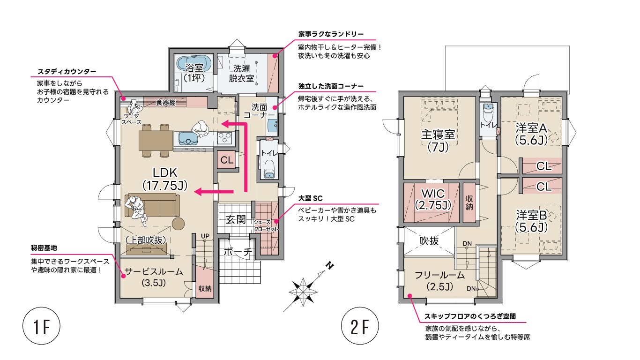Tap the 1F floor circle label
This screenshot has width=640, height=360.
coord(41,326)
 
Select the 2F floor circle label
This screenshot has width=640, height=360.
coord(360,326)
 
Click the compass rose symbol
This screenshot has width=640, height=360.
coord(303,292)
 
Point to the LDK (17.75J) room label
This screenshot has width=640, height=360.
coord(165,179)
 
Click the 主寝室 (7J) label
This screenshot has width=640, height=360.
coord(438,141)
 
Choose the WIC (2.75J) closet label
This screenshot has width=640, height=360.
coord(433,200)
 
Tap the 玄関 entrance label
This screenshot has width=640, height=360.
coord(236,219)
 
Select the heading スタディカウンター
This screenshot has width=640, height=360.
coord(67,72)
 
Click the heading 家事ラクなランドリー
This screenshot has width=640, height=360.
coord(331,34)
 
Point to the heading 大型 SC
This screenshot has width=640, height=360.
coord(310,198)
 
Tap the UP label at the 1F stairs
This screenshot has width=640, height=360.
coord(205,236)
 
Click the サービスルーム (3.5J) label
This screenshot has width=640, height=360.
coord(154,277)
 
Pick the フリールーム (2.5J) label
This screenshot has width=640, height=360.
coord(440,281)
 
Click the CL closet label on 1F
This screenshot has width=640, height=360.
coord(227,160)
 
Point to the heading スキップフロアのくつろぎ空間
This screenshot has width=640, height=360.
coord(470,316)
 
